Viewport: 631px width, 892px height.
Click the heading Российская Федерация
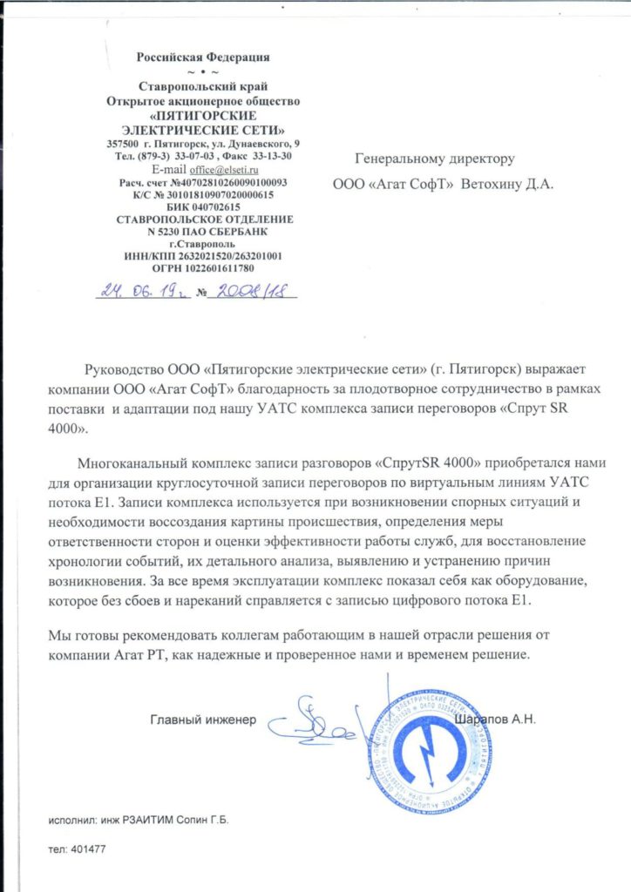(x=203, y=57)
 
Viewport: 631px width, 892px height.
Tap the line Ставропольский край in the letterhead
(x=203, y=85)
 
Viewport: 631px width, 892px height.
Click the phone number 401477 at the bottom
(x=86, y=848)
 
